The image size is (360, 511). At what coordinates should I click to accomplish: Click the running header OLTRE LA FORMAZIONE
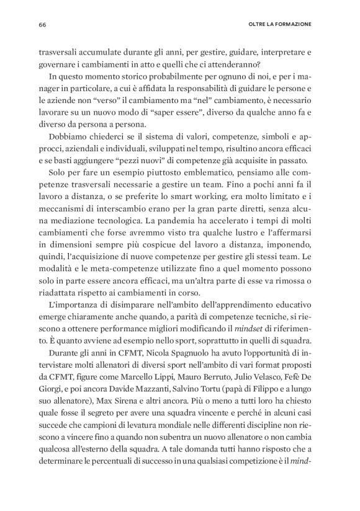(277, 25)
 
